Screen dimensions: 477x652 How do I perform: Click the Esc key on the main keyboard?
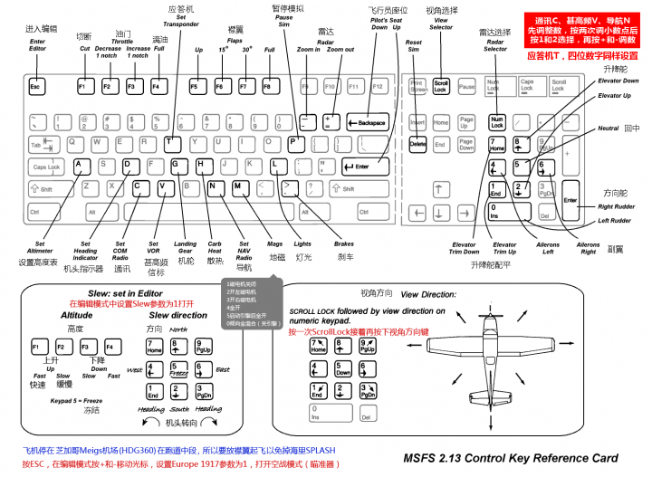[x=36, y=87]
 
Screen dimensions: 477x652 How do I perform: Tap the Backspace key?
[x=366, y=121]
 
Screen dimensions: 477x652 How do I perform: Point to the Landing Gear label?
[x=185, y=248]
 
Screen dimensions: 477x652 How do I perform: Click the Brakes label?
[x=344, y=244]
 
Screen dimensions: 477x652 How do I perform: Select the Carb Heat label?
[x=214, y=248]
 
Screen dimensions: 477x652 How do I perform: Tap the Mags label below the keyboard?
[x=275, y=244]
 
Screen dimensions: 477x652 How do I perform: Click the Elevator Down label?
[x=618, y=81]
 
